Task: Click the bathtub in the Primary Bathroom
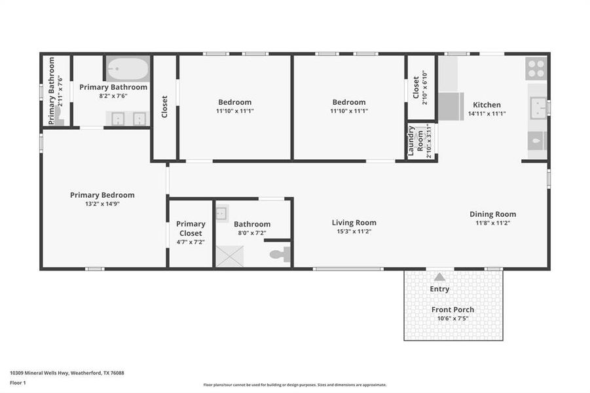tap(128, 69)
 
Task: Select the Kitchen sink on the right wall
tap(538, 107)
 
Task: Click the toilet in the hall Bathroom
tap(280, 254)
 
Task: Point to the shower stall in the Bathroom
tap(229, 255)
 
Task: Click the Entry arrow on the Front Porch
tap(439, 277)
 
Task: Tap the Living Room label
tap(354, 223)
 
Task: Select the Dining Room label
tap(492, 214)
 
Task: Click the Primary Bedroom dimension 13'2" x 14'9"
tap(102, 204)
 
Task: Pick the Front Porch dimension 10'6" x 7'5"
tap(452, 319)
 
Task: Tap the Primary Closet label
tap(191, 229)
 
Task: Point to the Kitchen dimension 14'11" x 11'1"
tap(487, 114)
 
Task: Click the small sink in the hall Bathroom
tap(221, 212)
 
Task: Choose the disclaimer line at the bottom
tap(295, 385)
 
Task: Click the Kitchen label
tap(487, 105)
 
